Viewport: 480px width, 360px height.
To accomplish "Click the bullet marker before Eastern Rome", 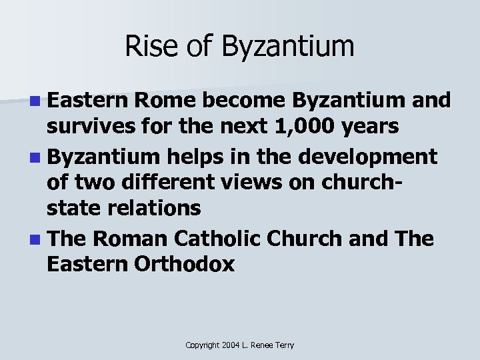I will point(34,102).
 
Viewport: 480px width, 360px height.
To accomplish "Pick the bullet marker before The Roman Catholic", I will point(34,237).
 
